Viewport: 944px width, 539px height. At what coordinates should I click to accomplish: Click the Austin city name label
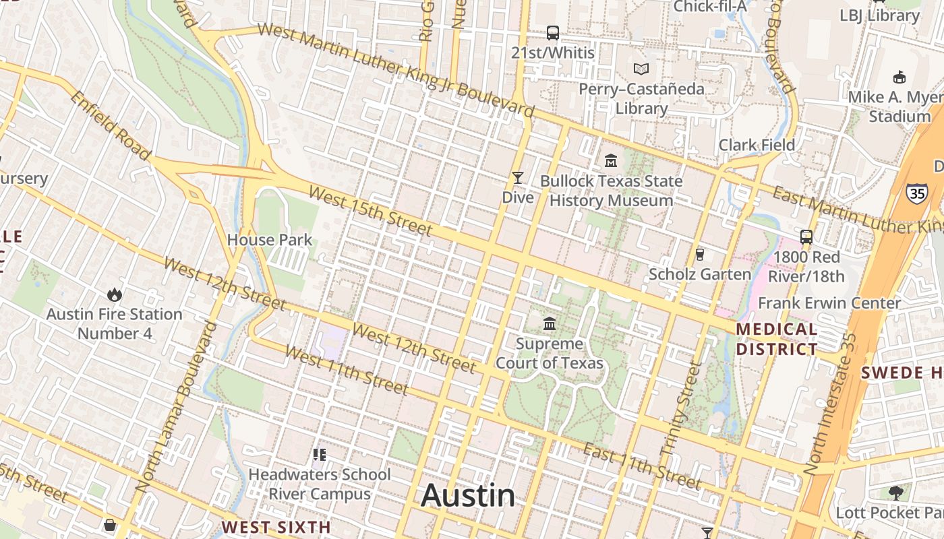(x=468, y=496)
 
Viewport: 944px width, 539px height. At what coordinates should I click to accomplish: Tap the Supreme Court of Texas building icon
(x=550, y=324)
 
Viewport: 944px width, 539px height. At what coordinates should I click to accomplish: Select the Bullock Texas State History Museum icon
(x=611, y=161)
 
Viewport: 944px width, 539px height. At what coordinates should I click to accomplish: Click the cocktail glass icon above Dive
(x=518, y=178)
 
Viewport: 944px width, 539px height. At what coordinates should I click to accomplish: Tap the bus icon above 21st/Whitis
(x=552, y=32)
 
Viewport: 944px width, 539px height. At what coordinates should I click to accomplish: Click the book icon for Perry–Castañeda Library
(x=641, y=69)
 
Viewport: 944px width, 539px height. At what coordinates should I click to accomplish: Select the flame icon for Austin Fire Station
(x=114, y=294)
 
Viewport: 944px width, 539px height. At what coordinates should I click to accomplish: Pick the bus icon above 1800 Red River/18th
(x=806, y=237)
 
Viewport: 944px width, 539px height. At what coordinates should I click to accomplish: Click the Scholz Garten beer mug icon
(x=699, y=255)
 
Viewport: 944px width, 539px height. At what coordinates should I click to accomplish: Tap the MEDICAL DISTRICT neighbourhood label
(x=777, y=339)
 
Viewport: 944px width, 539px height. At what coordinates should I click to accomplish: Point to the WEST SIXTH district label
(x=276, y=527)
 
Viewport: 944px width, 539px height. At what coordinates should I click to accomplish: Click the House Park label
(x=270, y=240)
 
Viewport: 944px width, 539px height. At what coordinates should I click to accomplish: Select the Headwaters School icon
(x=320, y=455)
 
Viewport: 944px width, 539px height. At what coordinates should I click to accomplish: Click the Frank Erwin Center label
(x=829, y=303)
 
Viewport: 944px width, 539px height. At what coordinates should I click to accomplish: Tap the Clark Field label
(x=757, y=145)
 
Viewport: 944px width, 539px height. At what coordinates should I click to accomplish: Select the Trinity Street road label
(x=678, y=407)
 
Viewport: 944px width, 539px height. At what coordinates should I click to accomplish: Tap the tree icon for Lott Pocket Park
(x=895, y=493)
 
